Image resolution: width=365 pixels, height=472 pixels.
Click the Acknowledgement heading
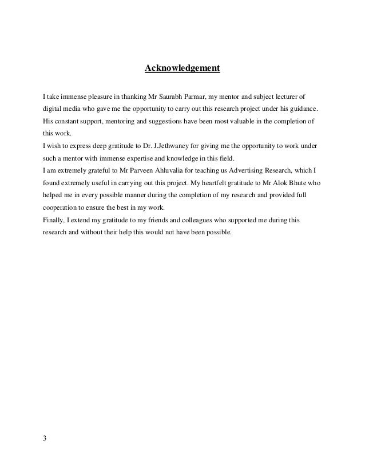tap(182, 69)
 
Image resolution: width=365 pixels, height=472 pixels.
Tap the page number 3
tap(45, 438)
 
